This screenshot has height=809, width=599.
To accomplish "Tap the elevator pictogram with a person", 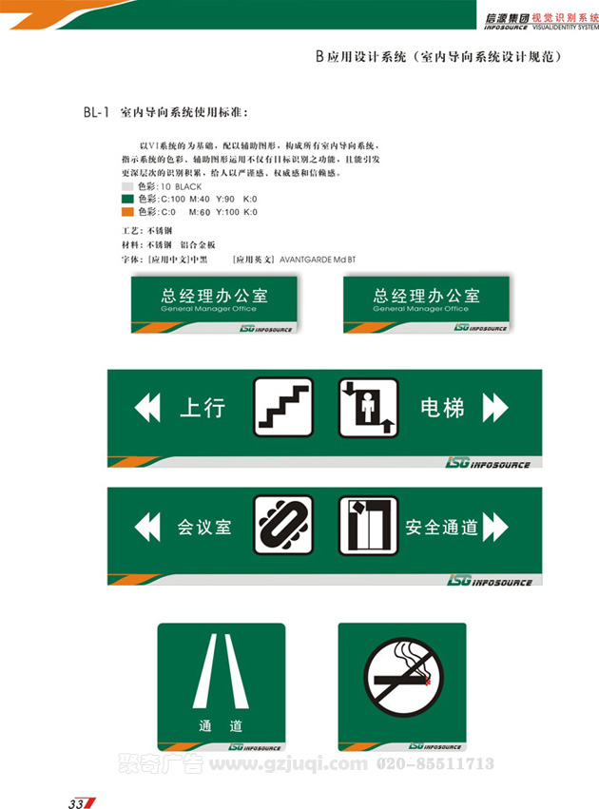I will point(368,408).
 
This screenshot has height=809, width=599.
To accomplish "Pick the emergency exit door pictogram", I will point(368,526).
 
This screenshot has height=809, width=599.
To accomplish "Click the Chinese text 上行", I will point(202,409).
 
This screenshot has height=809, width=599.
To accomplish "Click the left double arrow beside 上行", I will point(148,409).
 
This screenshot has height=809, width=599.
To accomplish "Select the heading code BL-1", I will point(98,113).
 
